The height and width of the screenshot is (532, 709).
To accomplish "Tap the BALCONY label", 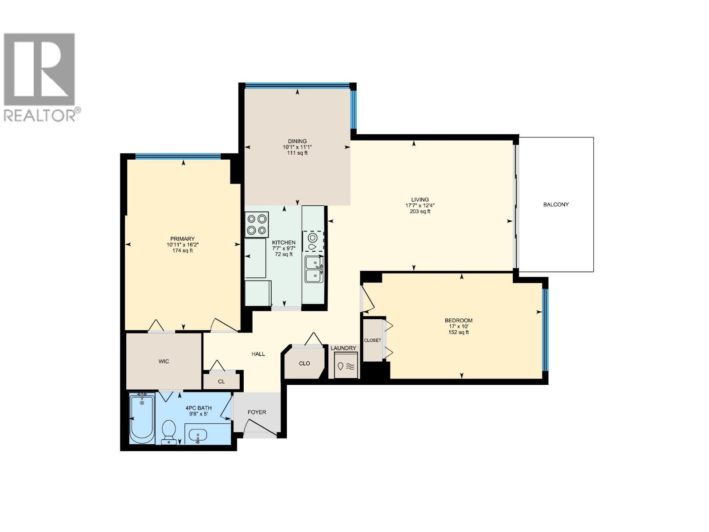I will (x=556, y=204).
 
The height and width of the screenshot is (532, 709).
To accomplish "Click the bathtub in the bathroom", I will (x=142, y=418).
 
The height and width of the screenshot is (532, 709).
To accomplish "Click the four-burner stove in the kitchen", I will (x=257, y=224).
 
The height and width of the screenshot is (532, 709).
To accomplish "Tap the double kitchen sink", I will (x=314, y=269).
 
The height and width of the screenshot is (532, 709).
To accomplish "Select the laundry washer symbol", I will (x=346, y=366).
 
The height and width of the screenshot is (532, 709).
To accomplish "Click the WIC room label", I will (x=164, y=361).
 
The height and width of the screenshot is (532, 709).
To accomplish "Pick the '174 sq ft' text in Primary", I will (x=183, y=250).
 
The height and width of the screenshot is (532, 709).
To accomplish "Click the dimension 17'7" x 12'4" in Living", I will (x=420, y=205).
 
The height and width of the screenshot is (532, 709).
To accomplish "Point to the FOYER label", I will (x=257, y=412).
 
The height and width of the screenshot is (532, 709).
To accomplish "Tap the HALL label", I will (x=258, y=354).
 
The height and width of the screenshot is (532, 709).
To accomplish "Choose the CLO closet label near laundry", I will (x=304, y=363).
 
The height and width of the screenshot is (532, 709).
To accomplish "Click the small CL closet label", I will (x=221, y=381).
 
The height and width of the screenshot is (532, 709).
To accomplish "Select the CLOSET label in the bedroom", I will (x=372, y=340).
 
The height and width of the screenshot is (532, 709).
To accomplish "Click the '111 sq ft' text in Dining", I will (x=297, y=153).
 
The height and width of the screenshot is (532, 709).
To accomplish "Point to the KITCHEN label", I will (x=284, y=243).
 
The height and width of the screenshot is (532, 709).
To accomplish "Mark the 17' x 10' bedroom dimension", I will (x=459, y=326).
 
